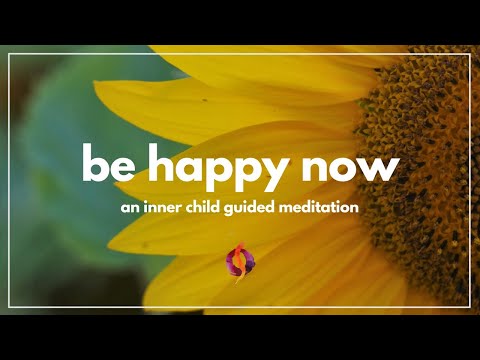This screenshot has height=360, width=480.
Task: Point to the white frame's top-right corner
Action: [471, 55]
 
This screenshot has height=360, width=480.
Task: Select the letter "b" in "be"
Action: [93, 163]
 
